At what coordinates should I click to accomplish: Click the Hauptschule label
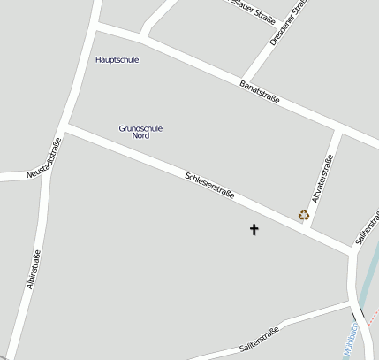point(117,59)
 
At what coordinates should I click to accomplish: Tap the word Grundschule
point(140,128)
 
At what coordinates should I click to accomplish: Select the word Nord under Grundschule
point(140,136)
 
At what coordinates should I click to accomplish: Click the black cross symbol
point(254,230)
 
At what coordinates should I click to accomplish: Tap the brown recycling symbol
point(304,214)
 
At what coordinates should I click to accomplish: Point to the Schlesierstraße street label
point(209,184)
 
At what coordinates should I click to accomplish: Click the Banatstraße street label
point(260,92)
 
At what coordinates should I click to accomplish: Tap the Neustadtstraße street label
point(43,160)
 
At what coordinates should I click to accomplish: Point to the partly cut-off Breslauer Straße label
point(251,11)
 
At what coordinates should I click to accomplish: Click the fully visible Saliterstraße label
point(259,341)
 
